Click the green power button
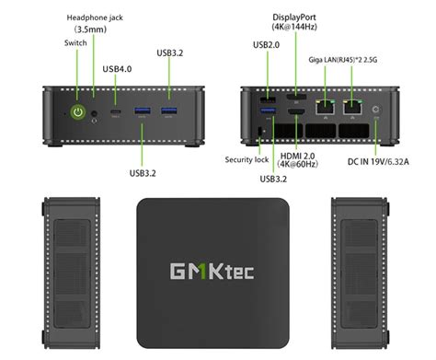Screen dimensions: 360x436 (x=79, y=112)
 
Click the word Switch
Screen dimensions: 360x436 (x=77, y=44)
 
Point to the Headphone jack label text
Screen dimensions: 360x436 (x=96, y=16)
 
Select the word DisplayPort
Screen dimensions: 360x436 (x=296, y=17)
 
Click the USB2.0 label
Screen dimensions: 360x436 (x=267, y=44)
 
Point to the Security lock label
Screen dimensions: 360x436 (x=246, y=159)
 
